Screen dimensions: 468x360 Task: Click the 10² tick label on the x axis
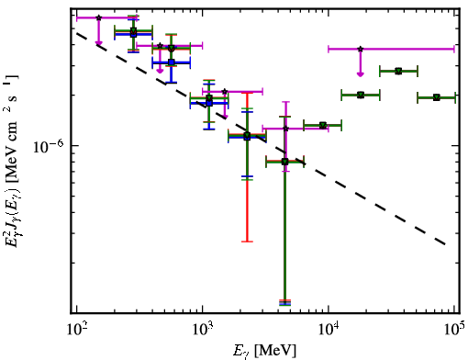point(76,330)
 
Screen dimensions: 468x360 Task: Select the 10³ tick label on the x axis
point(202,330)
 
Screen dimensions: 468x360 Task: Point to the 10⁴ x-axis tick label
point(329,330)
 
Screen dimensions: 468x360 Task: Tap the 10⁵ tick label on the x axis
point(454,330)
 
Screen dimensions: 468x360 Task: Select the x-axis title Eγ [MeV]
point(264,351)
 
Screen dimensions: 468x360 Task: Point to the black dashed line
point(261,139)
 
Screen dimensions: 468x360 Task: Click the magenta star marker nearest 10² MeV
point(98,17)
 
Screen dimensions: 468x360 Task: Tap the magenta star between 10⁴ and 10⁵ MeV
point(361,49)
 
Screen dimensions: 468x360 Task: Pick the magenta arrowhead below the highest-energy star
point(361,74)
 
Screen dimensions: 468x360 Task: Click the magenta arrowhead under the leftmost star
point(98,43)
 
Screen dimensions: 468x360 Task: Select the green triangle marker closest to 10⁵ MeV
point(437,97)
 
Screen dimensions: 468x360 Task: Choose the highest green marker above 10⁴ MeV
point(398,72)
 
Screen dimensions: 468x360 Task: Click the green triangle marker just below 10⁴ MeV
point(323,125)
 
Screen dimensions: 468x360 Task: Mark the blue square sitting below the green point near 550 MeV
point(172,62)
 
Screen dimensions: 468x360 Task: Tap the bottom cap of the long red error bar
point(247,242)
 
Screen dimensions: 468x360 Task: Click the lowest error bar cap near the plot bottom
point(284,305)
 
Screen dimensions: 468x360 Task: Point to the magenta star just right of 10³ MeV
point(225,91)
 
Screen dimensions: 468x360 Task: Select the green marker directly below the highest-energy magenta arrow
point(361,95)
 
